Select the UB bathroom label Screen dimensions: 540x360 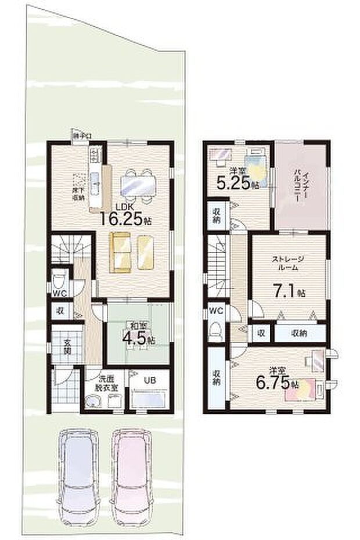(150, 381)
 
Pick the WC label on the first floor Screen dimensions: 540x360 (59, 294)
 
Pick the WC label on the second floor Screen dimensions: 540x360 (216, 311)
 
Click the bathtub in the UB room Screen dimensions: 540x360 (149, 401)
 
